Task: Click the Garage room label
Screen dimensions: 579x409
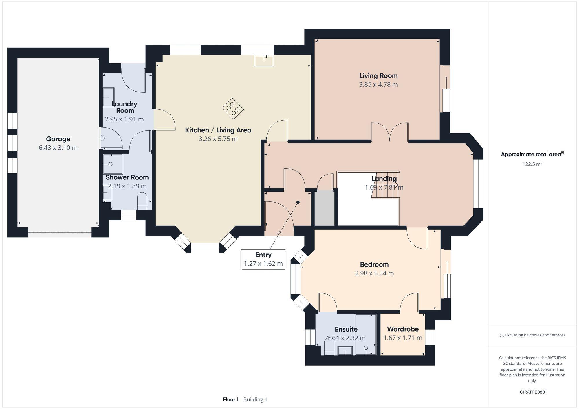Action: (58, 139)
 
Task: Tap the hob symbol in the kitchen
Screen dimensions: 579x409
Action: (233, 109)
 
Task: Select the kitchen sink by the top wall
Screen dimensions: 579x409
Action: (264, 61)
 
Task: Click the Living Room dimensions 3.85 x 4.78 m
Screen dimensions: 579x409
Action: (378, 85)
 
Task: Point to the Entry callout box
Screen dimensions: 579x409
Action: (263, 259)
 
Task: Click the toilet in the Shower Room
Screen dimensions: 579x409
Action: (142, 201)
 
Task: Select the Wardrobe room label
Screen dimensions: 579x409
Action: (403, 329)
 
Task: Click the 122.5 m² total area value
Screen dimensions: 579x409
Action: (532, 164)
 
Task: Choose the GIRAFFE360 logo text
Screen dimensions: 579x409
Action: (532, 392)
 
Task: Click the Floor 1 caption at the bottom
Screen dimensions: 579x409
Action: (231, 399)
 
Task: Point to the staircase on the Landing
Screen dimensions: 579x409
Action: (385, 185)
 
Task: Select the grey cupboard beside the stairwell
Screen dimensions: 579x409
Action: (325, 208)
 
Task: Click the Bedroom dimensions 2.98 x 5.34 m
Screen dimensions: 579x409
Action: (374, 273)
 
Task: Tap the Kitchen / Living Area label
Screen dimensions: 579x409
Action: (218, 130)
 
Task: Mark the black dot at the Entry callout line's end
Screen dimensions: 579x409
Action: (298, 202)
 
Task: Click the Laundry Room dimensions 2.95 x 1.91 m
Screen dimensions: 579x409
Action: (124, 119)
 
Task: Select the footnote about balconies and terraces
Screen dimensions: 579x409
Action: (532, 335)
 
